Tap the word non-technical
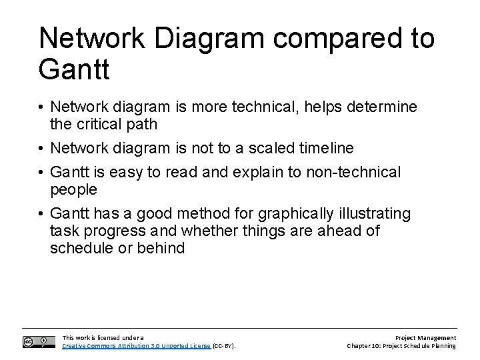[347, 173]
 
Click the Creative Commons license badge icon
[39, 341]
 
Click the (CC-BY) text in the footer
[224, 346]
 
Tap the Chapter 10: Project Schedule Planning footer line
[401, 346]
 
